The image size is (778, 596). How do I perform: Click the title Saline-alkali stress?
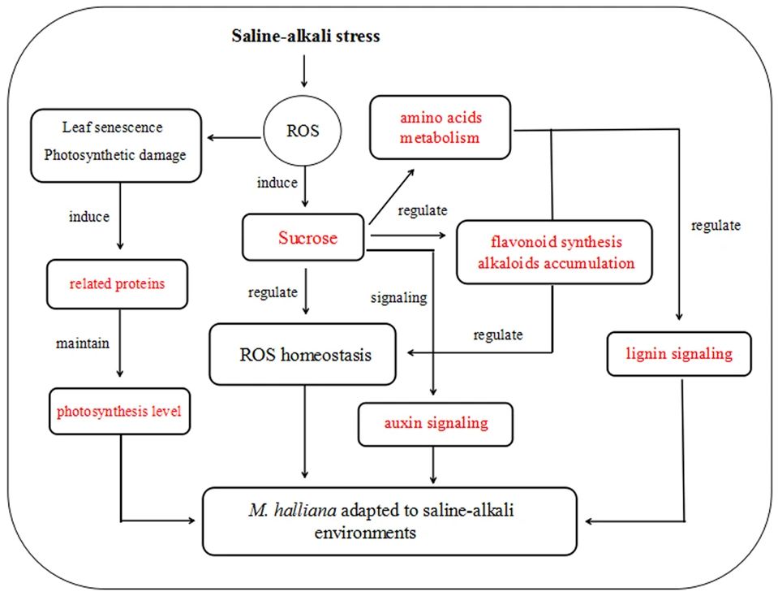pyautogui.click(x=305, y=36)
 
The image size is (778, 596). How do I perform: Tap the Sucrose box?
pyautogui.click(x=307, y=238)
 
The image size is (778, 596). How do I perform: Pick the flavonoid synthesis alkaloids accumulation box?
pyautogui.click(x=554, y=252)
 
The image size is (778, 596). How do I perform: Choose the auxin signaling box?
pyautogui.click(x=436, y=423)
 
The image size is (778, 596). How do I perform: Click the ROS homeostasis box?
pyautogui.click(x=303, y=355)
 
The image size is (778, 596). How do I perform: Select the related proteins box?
pyautogui.click(x=116, y=283)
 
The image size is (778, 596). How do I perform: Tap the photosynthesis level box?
pyautogui.click(x=118, y=411)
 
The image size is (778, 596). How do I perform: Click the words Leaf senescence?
pyautogui.click(x=113, y=127)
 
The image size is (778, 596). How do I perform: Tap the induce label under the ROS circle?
pyautogui.click(x=277, y=183)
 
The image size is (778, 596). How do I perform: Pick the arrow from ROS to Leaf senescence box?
pyautogui.click(x=236, y=137)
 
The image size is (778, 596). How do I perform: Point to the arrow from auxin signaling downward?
pyautogui.click(x=436, y=466)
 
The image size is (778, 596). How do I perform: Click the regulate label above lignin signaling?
pyautogui.click(x=716, y=226)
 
